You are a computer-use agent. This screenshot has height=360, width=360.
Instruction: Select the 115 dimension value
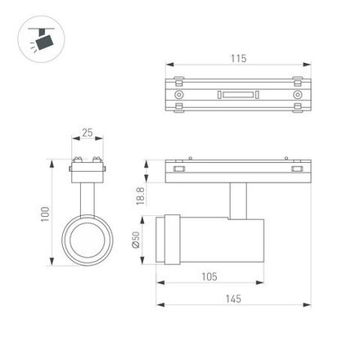pyautogui.click(x=238, y=59)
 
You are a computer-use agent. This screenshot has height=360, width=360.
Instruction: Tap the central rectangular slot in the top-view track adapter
pyautogui.click(x=237, y=95)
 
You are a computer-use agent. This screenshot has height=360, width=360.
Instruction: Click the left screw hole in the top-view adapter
pyautogui.click(x=178, y=95)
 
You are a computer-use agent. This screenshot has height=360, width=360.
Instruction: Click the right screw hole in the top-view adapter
pyautogui.click(x=297, y=95)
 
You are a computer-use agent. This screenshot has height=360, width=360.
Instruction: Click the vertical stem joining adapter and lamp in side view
pyautogui.click(x=238, y=200)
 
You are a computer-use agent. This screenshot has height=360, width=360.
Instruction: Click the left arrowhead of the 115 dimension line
pyautogui.click(x=169, y=65)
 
